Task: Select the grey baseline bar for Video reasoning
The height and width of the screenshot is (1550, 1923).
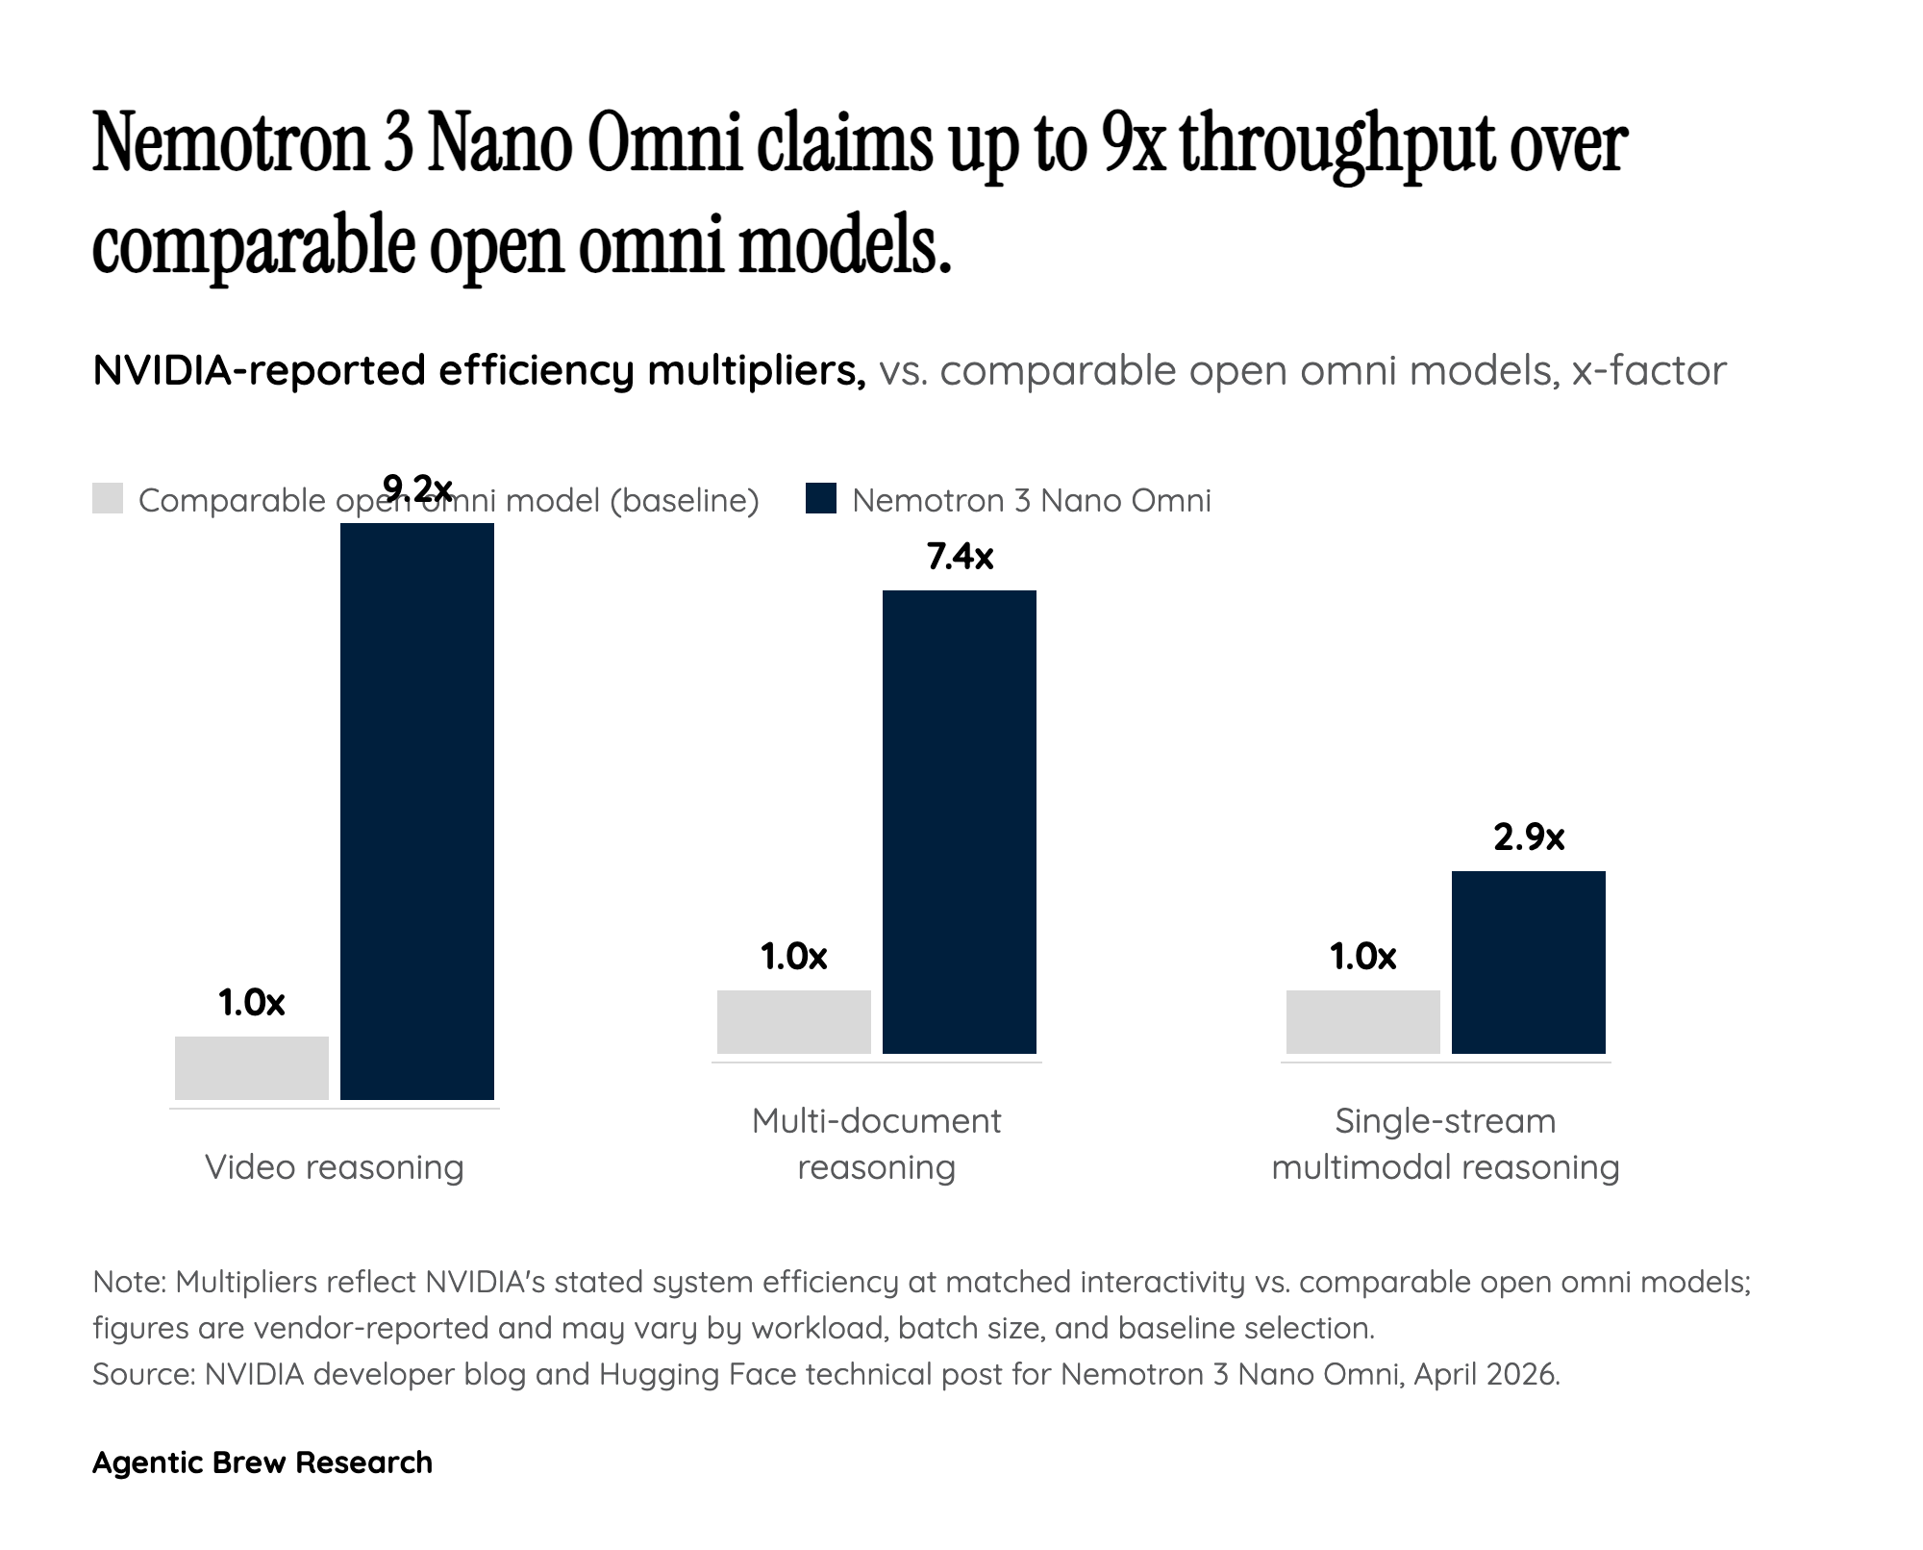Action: pos(252,1067)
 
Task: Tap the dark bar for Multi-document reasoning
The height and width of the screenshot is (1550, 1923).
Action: pos(959,821)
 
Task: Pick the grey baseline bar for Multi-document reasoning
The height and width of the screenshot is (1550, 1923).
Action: pos(793,1021)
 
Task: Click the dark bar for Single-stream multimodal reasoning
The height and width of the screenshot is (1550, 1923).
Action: pos(1528,962)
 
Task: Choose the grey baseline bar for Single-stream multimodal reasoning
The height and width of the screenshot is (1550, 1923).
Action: pos(1362,1021)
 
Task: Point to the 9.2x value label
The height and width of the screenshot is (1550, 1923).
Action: pos(417,488)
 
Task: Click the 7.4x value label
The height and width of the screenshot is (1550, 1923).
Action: pos(960,557)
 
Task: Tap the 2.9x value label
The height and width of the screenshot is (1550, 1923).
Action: pos(1529,837)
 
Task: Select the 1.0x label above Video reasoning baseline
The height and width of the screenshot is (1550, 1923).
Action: pos(252,1003)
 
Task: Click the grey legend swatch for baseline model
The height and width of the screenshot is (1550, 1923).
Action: pos(108,499)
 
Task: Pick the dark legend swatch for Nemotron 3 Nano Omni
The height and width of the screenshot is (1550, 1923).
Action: pos(821,499)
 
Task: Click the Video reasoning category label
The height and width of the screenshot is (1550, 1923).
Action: pos(335,1167)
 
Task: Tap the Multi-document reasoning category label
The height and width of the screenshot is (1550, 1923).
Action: pos(876,1144)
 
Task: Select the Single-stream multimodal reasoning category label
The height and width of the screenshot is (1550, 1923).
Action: pos(1445,1144)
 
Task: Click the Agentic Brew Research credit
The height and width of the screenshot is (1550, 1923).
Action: pos(262,1462)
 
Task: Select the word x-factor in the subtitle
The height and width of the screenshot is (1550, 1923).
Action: pos(1649,371)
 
